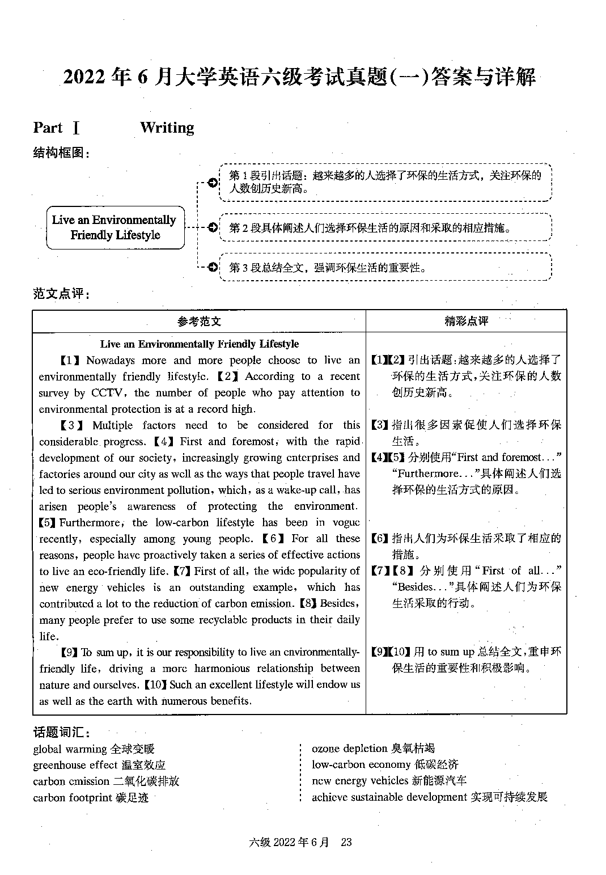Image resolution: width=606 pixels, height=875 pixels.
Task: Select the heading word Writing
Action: pyautogui.click(x=167, y=128)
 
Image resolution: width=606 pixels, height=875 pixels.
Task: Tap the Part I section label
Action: pyautogui.click(x=56, y=128)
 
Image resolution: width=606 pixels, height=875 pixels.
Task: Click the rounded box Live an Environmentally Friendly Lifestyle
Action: pyautogui.click(x=115, y=227)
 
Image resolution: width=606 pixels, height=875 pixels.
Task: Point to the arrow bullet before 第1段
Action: pyautogui.click(x=212, y=183)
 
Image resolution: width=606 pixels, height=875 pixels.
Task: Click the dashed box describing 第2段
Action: pyautogui.click(x=385, y=227)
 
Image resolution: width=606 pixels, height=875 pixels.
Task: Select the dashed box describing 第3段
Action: pyautogui.click(x=385, y=267)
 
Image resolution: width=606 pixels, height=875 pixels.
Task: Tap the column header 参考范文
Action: pyautogui.click(x=198, y=322)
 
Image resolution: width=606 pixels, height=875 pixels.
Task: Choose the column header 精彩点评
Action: pyautogui.click(x=465, y=322)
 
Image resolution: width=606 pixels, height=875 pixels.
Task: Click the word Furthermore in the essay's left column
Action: pyautogui.click(x=89, y=522)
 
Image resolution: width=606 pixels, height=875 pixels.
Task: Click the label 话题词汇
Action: pyautogui.click(x=61, y=732)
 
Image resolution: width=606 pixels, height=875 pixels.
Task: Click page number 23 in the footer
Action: pyautogui.click(x=346, y=842)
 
